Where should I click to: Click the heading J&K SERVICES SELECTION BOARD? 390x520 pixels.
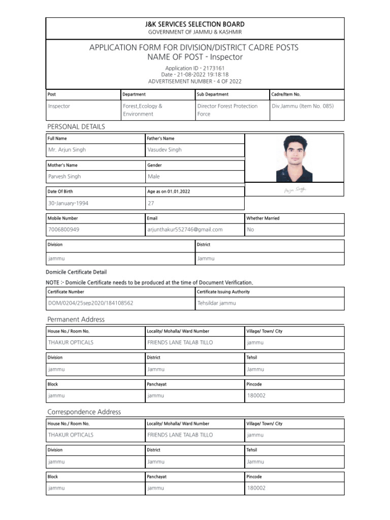coord(195,24)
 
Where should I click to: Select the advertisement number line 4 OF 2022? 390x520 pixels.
coord(194,81)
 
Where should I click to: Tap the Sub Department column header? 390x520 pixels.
coord(213,94)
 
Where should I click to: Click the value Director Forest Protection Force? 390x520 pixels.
coord(227,110)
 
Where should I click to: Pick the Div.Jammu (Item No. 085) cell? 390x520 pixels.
coord(303,106)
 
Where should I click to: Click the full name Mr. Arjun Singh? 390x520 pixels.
coord(67,150)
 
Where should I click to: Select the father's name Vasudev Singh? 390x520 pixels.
coord(164,150)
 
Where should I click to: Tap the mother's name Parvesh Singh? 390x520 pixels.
coord(64,177)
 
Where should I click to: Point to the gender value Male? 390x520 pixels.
coord(153,177)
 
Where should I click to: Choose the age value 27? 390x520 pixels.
coord(151,203)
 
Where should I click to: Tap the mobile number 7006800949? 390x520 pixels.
coord(63,230)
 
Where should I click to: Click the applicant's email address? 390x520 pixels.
coord(185,230)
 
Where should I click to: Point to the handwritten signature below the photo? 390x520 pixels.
coord(295,190)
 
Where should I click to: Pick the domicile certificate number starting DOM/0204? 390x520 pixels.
coord(90,303)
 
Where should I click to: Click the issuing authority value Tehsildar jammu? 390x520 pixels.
coord(217,303)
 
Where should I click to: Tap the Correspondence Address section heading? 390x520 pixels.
coord(84,412)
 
